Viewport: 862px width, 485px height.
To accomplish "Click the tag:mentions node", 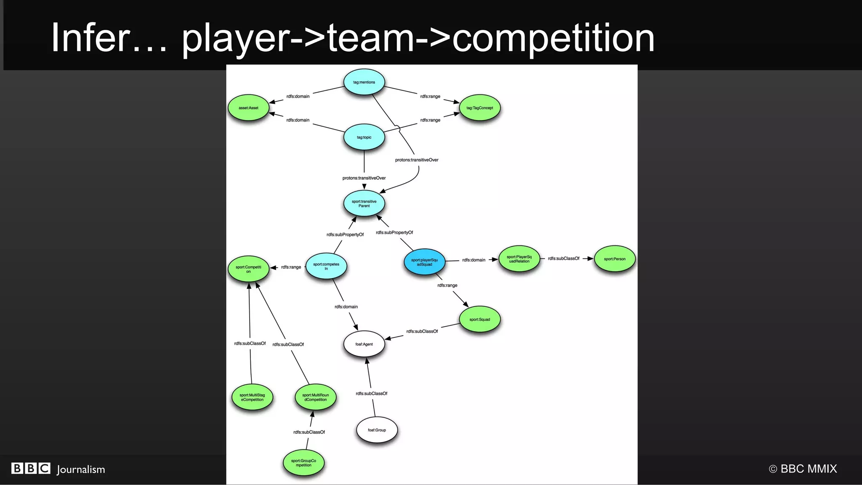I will coord(364,82).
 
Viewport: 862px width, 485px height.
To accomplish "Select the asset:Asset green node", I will coord(248,108).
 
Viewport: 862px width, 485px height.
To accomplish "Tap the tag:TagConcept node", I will coord(479,108).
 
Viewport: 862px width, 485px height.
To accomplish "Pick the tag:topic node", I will coord(364,137).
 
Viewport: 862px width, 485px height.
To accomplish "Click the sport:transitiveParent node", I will coord(364,203).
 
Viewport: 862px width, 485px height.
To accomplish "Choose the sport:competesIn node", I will coord(326,266).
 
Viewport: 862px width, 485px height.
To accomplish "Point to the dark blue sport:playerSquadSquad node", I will coord(424,262).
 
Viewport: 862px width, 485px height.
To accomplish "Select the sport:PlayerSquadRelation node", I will coord(519,259).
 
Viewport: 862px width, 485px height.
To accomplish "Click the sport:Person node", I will coord(615,259).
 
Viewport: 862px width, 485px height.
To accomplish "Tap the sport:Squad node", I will coord(479,319).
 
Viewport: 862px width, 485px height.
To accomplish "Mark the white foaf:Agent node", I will coord(364,344).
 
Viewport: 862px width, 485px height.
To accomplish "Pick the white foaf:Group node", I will coord(377,430).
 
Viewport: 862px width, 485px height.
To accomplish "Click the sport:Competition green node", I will coord(248,269).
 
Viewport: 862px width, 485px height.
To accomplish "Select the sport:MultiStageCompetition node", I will coord(252,397).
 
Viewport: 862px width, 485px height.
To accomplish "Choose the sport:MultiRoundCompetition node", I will coord(315,397).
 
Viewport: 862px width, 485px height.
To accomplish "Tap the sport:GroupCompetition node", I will coord(303,463).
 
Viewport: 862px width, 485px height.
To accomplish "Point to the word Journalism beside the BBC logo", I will coord(81,469).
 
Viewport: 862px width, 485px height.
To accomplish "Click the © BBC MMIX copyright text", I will coord(803,469).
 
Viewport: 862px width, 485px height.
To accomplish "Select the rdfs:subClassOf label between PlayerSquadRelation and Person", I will coord(564,258).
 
